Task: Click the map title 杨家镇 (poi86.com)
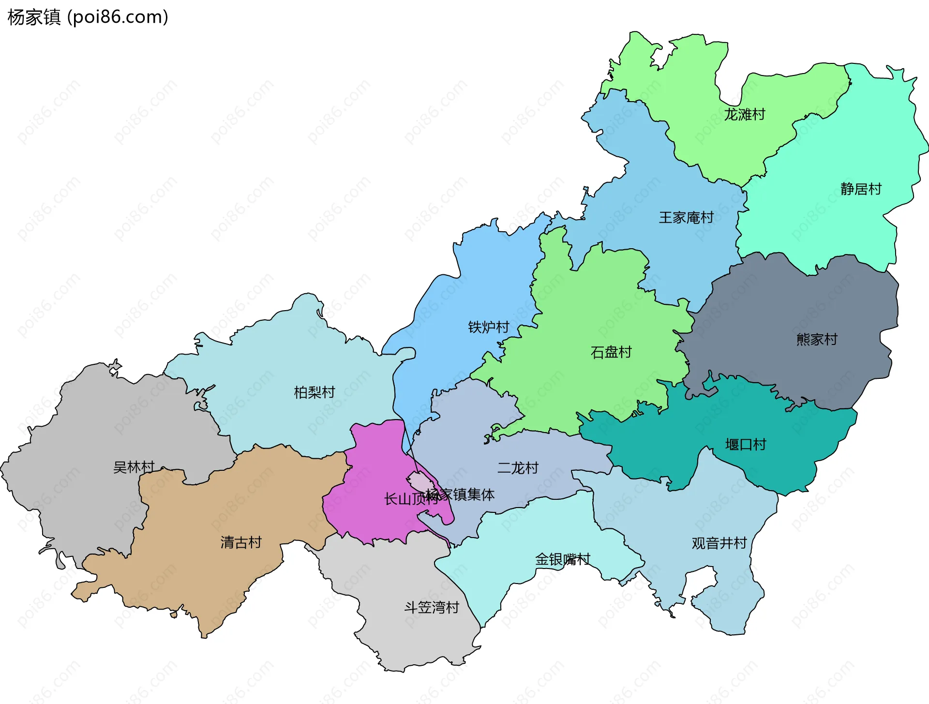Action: pos(88,17)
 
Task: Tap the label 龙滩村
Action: pos(744,115)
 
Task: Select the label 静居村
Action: pos(861,189)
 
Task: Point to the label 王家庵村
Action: pos(686,218)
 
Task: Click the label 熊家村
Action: pos(817,340)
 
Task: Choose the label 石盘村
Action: pos(611,352)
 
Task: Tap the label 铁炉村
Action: pos(488,328)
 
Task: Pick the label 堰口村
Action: pos(745,445)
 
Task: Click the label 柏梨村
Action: pos(315,392)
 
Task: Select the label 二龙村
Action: pos(518,468)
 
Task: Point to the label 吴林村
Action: pos(134,467)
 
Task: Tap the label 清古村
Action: pos(241,542)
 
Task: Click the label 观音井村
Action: pos(719,543)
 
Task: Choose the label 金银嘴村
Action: pos(562,560)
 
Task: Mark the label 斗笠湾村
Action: pos(432,608)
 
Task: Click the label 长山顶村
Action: pos(404,499)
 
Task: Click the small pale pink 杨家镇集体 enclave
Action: pos(419,482)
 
